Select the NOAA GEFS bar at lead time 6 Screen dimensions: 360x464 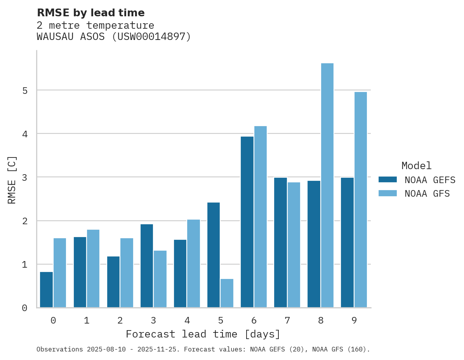click(x=247, y=222)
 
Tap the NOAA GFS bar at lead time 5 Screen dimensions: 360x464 click(x=227, y=293)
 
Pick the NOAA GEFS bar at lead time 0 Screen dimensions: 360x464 click(x=47, y=289)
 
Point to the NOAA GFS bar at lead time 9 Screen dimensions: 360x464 click(x=360, y=199)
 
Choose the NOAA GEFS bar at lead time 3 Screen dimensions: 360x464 click(x=147, y=266)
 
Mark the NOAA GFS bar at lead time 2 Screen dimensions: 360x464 click(x=127, y=273)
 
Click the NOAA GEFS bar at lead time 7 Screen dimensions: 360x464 click(x=280, y=242)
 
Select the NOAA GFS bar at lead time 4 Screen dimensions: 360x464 click(x=193, y=263)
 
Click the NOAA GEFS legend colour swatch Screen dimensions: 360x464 click(x=388, y=180)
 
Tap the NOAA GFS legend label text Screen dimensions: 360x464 click(x=427, y=194)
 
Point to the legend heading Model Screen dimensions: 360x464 click(x=416, y=166)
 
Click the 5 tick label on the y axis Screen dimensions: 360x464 click(x=24, y=91)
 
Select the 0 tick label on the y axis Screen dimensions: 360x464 click(x=24, y=308)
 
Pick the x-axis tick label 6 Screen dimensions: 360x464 click(x=254, y=320)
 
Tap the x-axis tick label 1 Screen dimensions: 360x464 click(x=87, y=320)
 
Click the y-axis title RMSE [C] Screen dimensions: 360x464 click(x=12, y=180)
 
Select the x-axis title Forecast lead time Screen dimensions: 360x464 click(x=203, y=334)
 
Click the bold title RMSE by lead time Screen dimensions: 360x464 click(x=91, y=13)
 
